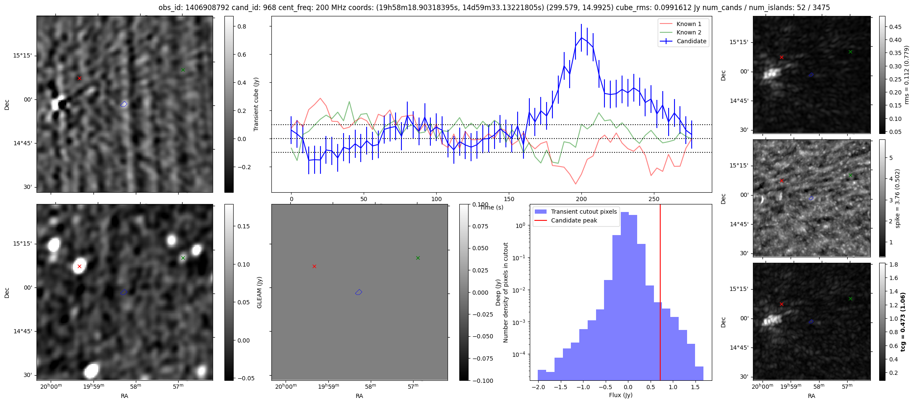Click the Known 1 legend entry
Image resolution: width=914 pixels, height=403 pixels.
(x=688, y=24)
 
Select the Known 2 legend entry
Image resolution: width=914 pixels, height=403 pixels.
(x=688, y=32)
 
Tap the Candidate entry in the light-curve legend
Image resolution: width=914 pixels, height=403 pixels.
(x=691, y=41)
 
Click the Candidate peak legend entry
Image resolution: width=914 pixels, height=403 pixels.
(x=574, y=220)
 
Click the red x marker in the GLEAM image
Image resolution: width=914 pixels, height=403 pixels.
(x=79, y=266)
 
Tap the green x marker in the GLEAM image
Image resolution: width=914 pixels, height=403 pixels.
(x=183, y=258)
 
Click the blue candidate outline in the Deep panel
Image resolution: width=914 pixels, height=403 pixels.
(x=359, y=292)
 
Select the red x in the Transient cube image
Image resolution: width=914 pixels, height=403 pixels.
(x=79, y=78)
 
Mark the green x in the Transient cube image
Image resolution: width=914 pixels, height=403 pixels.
(x=183, y=70)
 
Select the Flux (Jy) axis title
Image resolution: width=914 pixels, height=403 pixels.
(x=620, y=395)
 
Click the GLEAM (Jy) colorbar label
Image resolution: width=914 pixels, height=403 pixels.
(x=259, y=292)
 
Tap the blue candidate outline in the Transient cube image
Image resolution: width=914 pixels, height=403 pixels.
(x=124, y=104)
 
